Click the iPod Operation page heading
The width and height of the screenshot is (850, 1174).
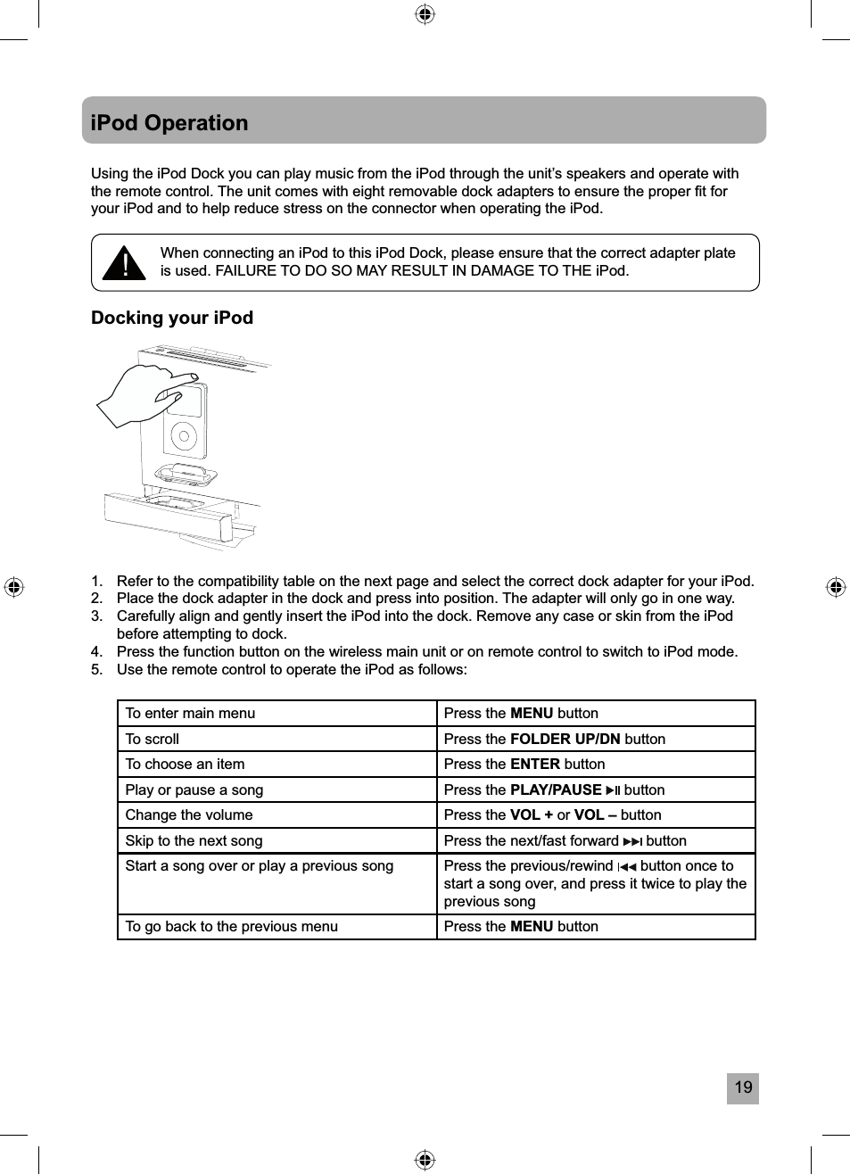point(169,123)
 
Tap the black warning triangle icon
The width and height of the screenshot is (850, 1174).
point(124,263)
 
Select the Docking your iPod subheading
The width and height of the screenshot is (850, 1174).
point(172,318)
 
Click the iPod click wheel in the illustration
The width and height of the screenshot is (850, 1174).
point(184,436)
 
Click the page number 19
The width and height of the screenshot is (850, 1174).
point(742,1087)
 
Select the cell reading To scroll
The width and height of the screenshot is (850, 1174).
point(153,739)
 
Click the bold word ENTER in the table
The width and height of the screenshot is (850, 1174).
point(534,764)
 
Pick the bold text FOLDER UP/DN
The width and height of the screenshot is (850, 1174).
point(565,739)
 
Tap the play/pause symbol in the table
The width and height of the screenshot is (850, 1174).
point(613,790)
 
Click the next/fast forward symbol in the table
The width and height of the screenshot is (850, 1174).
point(631,840)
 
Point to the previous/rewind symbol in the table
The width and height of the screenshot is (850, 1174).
point(627,866)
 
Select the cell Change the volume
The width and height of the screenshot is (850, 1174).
point(189,814)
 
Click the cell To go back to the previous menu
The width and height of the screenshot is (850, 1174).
point(232,926)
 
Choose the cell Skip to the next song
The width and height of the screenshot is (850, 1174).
point(194,840)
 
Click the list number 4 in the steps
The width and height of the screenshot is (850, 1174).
point(96,651)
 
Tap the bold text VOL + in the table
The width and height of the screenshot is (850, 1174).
point(531,814)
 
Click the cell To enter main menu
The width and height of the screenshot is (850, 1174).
point(190,713)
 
